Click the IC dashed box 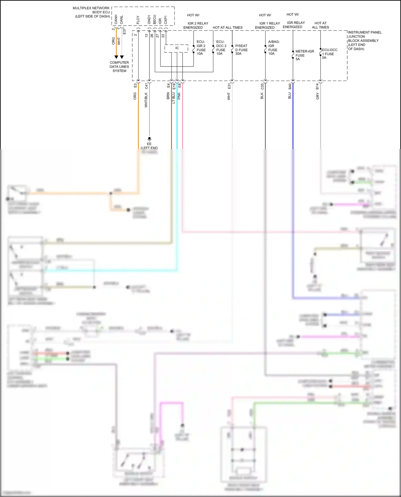[176, 48]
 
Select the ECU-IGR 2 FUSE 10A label [201, 48]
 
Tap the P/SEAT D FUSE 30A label [241, 50]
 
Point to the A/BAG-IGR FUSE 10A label [273, 48]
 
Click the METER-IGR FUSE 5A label [304, 55]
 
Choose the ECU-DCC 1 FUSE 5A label [329, 54]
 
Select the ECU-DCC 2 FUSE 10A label [221, 48]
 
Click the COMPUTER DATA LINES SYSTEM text [119, 67]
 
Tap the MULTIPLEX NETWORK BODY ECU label [92, 12]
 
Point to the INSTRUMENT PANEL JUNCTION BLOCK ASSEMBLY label [364, 41]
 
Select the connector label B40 [290, 87]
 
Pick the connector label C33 [262, 87]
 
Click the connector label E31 [229, 86]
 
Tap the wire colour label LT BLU [173, 98]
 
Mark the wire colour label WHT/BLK [146, 100]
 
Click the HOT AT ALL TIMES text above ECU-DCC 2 [228, 28]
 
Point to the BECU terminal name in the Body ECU [155, 19]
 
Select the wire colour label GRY [318, 96]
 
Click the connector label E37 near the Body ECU [124, 31]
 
